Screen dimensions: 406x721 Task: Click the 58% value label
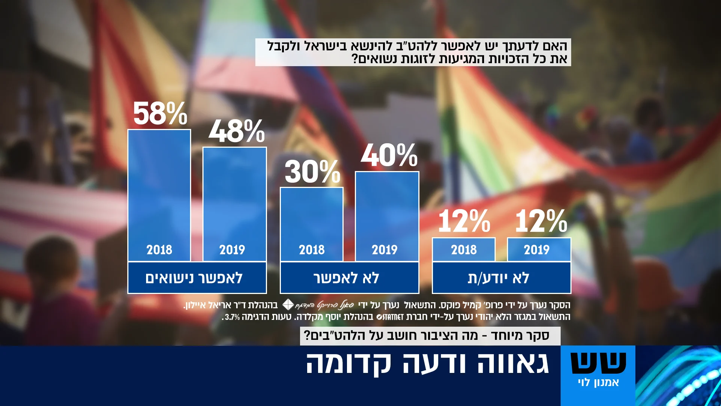point(160,114)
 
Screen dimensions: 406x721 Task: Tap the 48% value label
point(237,131)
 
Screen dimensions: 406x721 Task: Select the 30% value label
point(312,172)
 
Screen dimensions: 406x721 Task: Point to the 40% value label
point(389,155)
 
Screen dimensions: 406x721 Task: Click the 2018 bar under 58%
point(159,195)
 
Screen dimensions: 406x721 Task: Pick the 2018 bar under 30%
point(312,224)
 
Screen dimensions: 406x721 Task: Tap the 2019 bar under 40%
point(387,217)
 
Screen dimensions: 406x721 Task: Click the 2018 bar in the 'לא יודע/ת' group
point(464,250)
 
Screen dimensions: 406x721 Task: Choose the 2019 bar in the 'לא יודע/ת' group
point(539,250)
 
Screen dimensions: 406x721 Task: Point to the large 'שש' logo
point(598,363)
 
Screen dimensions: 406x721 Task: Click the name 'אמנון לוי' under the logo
point(598,383)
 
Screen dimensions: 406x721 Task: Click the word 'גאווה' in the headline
point(513,364)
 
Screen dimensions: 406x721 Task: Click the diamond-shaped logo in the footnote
point(288,304)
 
